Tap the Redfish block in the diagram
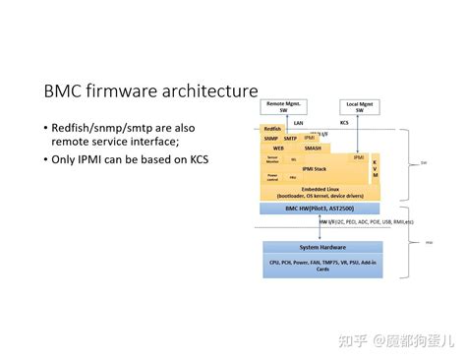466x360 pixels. point(273,129)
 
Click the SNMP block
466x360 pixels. point(271,139)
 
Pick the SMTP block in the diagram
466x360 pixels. point(291,139)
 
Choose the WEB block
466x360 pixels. point(278,148)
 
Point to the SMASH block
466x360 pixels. point(312,148)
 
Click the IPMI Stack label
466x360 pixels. point(314,169)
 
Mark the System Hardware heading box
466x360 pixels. point(320,247)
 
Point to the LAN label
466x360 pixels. point(298,123)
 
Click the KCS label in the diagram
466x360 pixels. point(344,123)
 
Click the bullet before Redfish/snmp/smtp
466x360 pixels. point(45,128)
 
